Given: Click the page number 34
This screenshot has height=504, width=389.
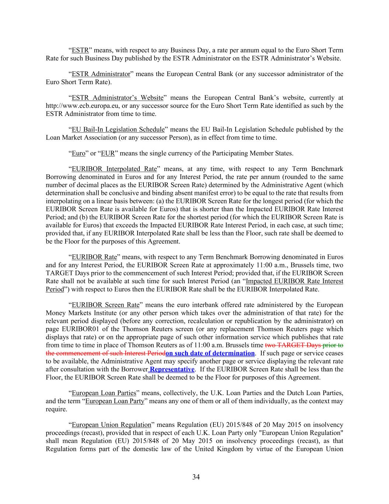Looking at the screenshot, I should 196,477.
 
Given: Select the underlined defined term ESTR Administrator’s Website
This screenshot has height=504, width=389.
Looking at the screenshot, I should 117,98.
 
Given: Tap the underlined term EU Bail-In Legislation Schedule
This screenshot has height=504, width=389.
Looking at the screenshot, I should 118,130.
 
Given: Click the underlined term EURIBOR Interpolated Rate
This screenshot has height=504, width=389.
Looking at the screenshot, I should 114,169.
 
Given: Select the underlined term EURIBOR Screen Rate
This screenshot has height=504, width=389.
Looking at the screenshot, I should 105,305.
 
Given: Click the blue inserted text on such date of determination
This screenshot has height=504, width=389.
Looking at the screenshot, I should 210,353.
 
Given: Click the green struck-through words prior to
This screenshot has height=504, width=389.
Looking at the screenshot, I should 333,345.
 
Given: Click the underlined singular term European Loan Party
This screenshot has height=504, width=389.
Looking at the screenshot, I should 115,401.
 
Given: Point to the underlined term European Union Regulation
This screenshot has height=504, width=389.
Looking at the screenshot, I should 111,425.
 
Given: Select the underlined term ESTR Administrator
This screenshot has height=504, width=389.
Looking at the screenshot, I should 101,74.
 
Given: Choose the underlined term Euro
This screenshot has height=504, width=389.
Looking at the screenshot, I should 79,153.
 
